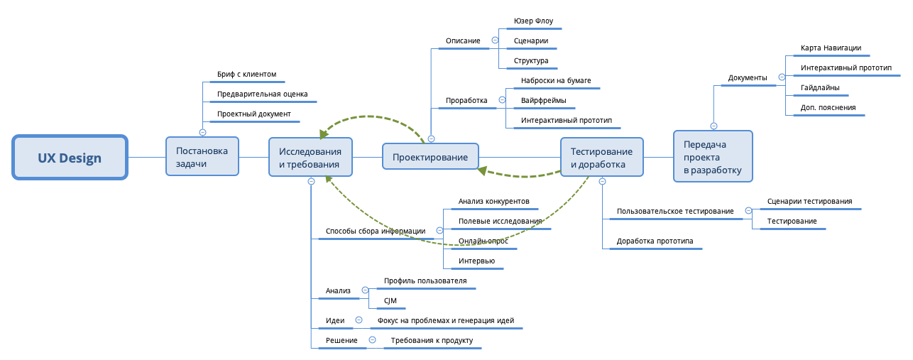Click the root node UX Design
pos(70,158)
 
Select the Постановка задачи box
pos(202,156)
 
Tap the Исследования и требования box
pos(310,157)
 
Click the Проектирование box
pos(430,157)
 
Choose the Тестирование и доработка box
pos(602,157)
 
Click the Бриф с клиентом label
pos(246,74)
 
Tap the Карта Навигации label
pos(831,48)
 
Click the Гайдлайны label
pos(820,88)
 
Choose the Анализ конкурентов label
pos(493,201)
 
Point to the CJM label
pos(390,301)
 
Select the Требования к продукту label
pos(431,341)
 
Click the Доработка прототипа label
pos(655,241)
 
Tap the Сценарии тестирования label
pos(809,201)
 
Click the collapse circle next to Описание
pos(495,40)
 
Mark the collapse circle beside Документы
pos(782,77)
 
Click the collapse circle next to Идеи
pos(359,320)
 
